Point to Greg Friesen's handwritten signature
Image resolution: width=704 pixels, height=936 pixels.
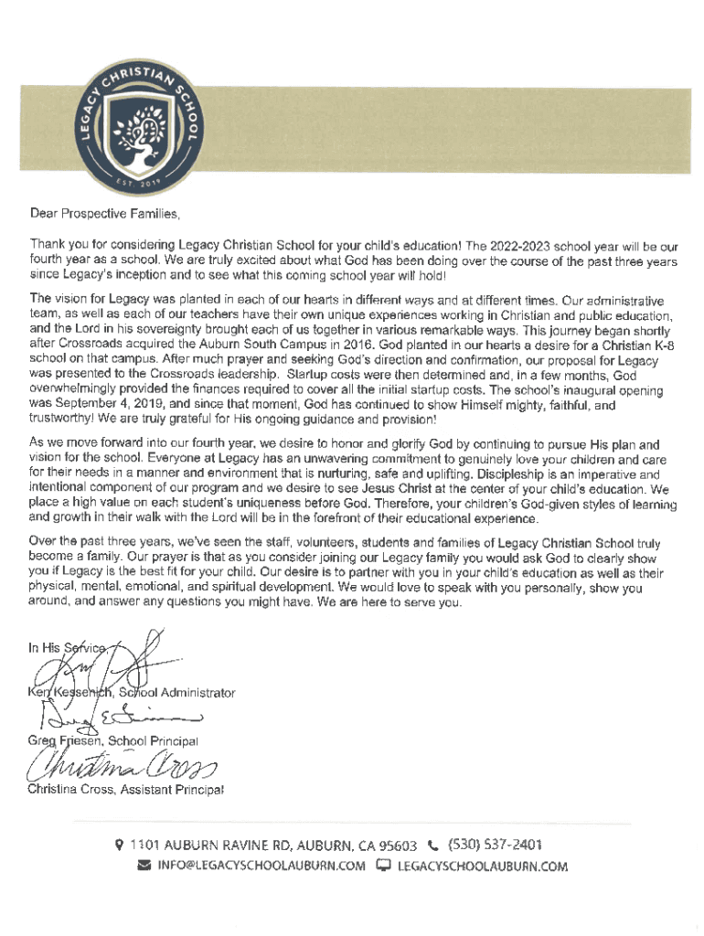click(110, 718)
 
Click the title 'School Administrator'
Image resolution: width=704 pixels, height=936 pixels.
click(177, 693)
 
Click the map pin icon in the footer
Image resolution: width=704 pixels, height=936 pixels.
click(119, 846)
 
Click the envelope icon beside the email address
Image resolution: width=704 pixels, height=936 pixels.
click(144, 867)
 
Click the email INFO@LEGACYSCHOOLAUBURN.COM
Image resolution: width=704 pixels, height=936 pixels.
click(261, 867)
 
